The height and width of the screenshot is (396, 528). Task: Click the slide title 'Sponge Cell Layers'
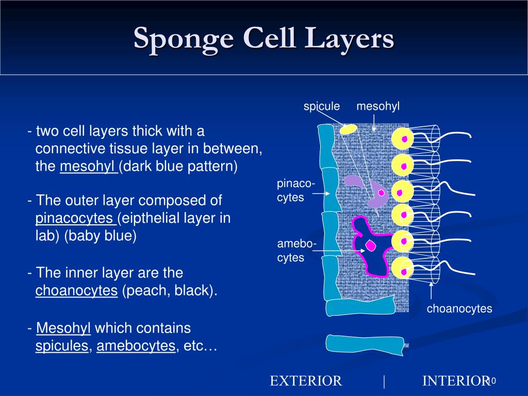(264, 39)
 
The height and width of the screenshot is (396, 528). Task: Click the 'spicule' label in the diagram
(321, 106)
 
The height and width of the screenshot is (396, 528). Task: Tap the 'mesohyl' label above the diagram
(378, 106)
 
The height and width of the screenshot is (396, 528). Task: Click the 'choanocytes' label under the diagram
(459, 309)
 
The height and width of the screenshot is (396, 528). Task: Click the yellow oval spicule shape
(349, 129)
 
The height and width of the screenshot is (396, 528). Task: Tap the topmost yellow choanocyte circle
(402, 139)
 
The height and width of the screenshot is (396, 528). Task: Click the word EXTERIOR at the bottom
(306, 381)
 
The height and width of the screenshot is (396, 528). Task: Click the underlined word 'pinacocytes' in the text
(75, 218)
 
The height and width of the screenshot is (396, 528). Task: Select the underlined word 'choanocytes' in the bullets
(76, 291)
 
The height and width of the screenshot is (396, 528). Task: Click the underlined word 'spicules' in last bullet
(62, 346)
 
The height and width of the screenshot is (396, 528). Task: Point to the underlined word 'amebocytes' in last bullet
(136, 346)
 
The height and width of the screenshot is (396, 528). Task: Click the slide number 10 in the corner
(491, 381)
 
